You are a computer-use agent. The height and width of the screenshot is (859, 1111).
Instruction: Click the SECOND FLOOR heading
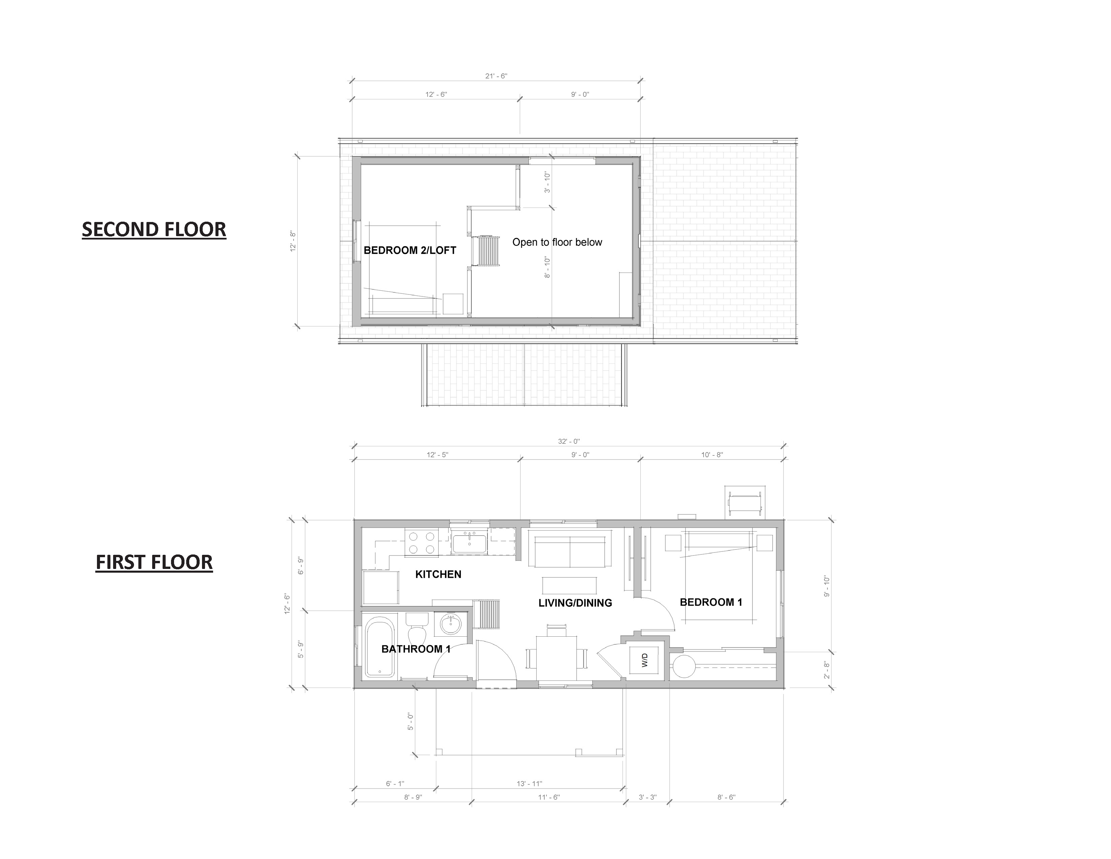point(154,229)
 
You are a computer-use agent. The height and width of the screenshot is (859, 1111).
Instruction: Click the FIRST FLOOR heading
point(154,562)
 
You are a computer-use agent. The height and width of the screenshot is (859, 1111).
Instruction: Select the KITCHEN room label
point(438,574)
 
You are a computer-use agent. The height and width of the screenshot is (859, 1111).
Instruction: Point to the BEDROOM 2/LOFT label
point(410,250)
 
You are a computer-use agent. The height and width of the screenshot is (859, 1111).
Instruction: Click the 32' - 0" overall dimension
point(569,441)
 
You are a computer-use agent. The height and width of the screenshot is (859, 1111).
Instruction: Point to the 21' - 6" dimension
point(496,76)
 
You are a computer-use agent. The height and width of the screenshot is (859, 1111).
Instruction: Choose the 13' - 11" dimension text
point(530,784)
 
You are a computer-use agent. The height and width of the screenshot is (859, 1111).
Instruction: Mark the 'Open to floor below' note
point(557,242)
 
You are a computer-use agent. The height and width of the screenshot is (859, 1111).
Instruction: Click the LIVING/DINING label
point(575,603)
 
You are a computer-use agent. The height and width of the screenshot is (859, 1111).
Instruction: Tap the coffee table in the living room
point(570,585)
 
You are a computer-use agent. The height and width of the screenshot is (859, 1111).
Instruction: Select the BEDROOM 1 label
point(711,602)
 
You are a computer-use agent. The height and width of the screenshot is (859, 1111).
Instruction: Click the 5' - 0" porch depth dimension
point(410,721)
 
